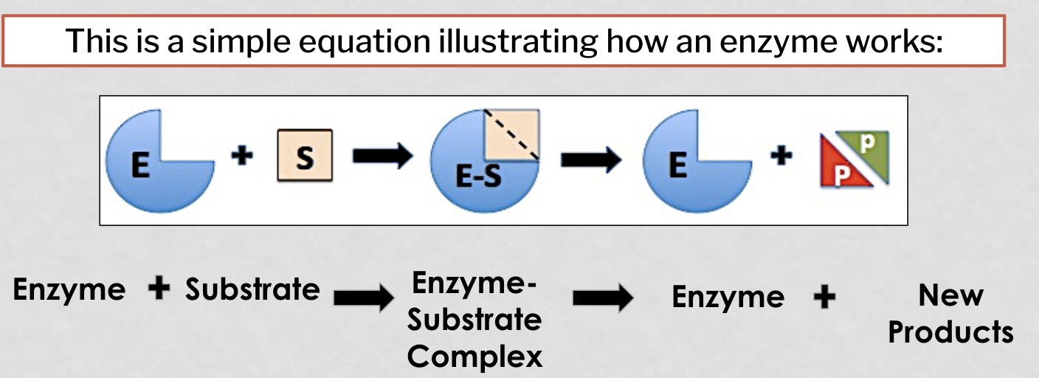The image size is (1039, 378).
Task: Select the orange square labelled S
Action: (305, 156)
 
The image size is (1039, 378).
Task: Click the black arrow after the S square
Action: (382, 157)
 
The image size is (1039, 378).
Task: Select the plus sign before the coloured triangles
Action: (784, 156)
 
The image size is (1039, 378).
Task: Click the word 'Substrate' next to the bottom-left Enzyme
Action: (252, 289)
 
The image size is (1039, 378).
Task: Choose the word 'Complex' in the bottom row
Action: (474, 357)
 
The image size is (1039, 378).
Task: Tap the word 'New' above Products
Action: (950, 295)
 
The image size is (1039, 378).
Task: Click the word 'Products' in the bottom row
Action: (950, 332)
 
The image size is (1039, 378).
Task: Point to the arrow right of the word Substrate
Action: (365, 298)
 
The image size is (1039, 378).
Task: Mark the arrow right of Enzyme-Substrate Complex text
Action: (602, 298)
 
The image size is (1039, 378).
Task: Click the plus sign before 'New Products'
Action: (824, 298)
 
